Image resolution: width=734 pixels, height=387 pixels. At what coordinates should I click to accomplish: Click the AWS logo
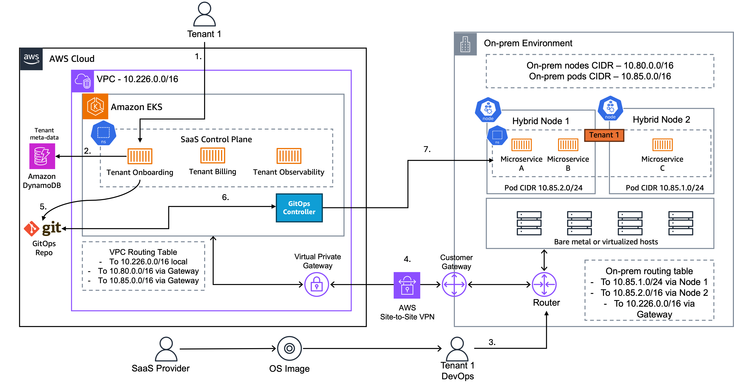click(31, 59)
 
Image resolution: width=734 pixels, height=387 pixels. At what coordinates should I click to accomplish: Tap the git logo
click(43, 228)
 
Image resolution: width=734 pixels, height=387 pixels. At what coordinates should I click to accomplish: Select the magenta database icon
click(42, 156)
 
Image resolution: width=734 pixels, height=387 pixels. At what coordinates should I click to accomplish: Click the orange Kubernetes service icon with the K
click(95, 106)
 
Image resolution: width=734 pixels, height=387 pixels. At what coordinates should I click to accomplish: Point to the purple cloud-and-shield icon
click(83, 81)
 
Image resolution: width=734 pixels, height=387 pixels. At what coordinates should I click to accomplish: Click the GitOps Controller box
click(299, 208)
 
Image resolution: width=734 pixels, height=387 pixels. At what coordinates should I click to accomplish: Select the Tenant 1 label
click(604, 135)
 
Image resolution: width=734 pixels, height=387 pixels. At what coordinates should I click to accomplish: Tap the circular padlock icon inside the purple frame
click(317, 284)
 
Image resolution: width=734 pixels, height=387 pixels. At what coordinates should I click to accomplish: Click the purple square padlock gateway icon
click(407, 285)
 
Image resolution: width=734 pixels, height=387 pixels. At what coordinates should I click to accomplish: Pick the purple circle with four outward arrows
click(454, 284)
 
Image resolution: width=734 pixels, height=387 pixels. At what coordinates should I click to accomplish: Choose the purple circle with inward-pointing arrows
click(544, 284)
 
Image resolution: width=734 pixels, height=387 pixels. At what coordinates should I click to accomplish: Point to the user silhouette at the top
click(205, 14)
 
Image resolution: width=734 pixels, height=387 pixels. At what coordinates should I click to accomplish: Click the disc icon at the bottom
click(290, 348)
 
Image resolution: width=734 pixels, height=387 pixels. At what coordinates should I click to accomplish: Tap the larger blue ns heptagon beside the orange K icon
click(103, 133)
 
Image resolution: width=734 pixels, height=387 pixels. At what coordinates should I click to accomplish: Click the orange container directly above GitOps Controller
click(289, 156)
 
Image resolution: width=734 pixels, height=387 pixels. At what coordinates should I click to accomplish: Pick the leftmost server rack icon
click(529, 223)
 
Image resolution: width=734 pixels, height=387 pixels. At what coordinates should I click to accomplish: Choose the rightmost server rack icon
click(681, 223)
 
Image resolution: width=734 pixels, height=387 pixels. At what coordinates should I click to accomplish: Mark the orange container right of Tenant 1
click(663, 145)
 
